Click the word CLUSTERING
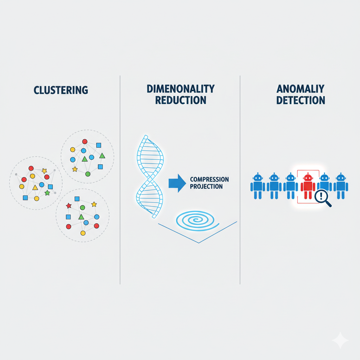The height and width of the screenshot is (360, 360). point(61,90)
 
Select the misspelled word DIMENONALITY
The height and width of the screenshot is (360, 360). point(181,89)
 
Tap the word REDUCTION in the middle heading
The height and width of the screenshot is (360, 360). point(181,100)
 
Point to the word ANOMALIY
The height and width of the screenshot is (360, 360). point(300,89)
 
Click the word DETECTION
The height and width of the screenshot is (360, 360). point(300,100)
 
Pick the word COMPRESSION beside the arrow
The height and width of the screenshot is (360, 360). point(209,179)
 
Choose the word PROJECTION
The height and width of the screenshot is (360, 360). point(206,186)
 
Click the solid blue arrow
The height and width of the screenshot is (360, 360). point(177,183)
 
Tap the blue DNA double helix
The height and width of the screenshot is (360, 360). point(149,176)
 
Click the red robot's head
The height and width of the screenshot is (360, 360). point(308,178)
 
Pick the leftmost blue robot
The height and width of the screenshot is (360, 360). point(258,186)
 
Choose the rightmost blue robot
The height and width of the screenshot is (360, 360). point(340,186)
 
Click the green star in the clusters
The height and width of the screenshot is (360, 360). point(47,193)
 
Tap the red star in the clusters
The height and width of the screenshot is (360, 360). point(69,206)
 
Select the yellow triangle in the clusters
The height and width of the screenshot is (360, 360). point(35,188)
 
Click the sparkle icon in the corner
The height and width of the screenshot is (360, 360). point(340,340)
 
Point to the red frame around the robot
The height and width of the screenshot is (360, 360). point(298,186)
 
